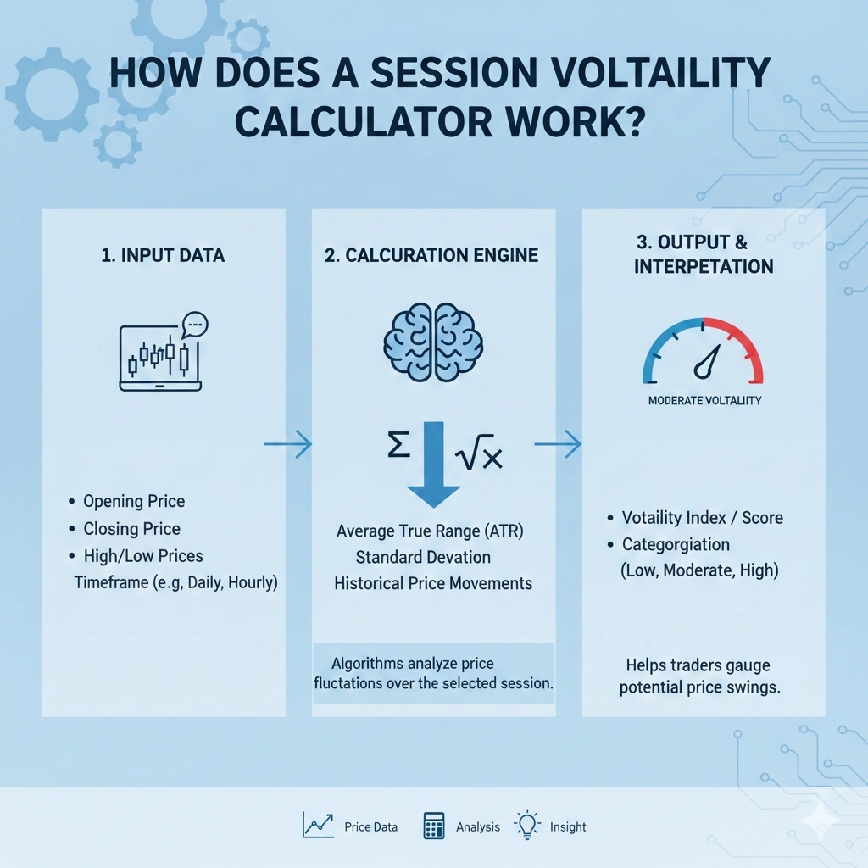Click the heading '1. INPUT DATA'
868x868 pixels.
[162, 255]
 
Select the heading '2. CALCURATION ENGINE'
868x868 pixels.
[432, 255]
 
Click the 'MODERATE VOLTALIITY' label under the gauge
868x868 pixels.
[704, 400]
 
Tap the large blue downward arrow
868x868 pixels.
[433, 465]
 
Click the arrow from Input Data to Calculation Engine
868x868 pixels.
[287, 444]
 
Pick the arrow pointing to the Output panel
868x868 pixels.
[559, 443]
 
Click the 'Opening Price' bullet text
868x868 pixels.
[134, 501]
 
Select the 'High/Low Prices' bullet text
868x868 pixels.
[143, 556]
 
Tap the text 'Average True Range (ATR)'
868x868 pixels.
[430, 531]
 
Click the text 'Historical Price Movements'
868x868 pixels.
[433, 583]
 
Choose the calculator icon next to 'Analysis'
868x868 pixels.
[434, 826]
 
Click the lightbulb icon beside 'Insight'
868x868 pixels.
[528, 825]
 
